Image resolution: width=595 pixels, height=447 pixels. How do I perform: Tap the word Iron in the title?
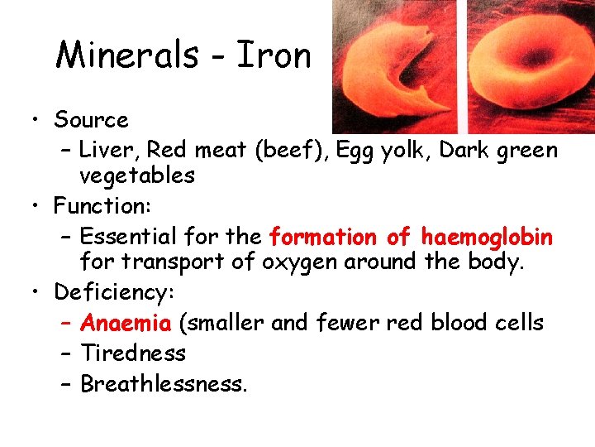tap(274, 55)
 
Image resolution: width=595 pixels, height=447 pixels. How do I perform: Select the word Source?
tap(91, 120)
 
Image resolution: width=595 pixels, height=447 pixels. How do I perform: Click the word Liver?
tap(108, 150)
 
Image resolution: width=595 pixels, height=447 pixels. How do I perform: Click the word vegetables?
tap(137, 175)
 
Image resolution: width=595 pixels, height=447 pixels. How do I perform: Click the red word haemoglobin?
tap(487, 237)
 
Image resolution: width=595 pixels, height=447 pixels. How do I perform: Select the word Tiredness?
tap(133, 353)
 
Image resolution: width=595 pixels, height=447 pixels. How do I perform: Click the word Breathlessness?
tap(164, 384)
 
